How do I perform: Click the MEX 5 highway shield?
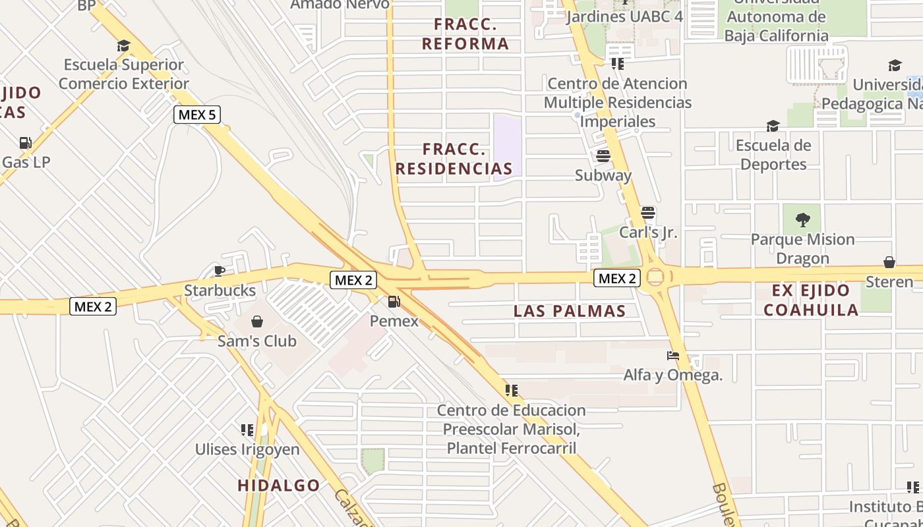(197, 115)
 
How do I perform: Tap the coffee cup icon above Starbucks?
(220, 271)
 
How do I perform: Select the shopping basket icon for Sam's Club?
(256, 321)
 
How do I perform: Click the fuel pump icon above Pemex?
(394, 302)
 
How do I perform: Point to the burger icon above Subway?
(603, 156)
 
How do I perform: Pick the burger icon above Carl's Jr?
(648, 213)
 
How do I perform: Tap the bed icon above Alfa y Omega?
(672, 356)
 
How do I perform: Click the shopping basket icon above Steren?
(889, 262)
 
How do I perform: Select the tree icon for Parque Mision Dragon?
(802, 219)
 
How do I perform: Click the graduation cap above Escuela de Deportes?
(773, 126)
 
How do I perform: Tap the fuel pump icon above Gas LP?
(25, 142)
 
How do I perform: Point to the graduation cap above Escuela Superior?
(123, 45)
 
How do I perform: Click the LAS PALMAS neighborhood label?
(570, 311)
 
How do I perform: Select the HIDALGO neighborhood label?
(279, 485)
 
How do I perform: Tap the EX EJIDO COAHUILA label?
(815, 300)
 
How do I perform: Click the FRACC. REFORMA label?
(465, 34)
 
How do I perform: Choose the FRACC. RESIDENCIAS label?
(454, 159)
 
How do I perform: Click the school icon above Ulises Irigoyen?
(247, 430)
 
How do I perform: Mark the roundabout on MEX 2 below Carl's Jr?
(655, 277)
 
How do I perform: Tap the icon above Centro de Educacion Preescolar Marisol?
(511, 391)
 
